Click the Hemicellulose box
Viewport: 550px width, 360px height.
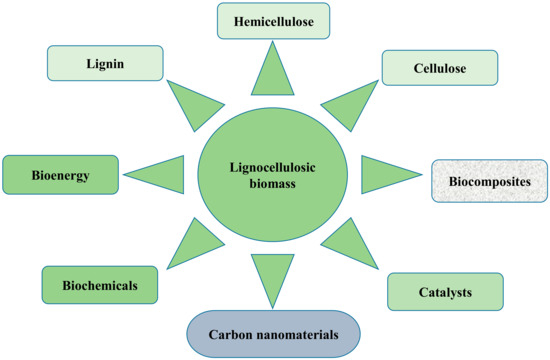click(x=274, y=21)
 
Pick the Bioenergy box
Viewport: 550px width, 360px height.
click(x=46, y=175)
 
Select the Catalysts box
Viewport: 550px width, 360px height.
click(x=444, y=292)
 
